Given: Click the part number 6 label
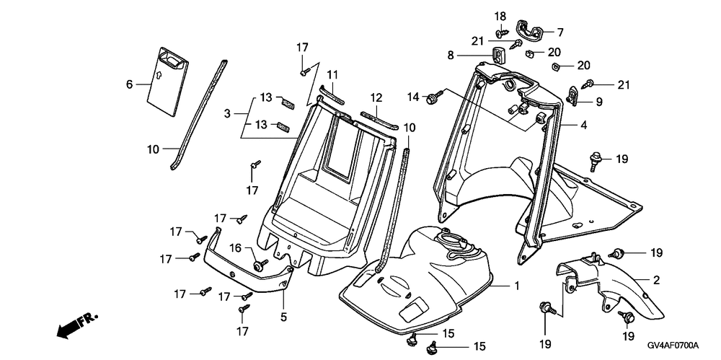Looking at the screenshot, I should tap(130, 84).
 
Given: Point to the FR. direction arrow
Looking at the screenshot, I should tap(75, 325).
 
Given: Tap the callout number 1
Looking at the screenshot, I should tap(516, 286).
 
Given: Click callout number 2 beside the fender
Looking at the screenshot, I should tap(656, 279).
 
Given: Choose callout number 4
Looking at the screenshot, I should tap(583, 126).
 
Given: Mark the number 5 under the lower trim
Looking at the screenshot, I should tap(283, 316).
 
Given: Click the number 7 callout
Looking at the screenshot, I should tap(559, 32).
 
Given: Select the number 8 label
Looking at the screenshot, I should tap(469, 55).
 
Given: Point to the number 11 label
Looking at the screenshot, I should tap(332, 75).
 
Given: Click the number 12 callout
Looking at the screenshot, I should tap(376, 97).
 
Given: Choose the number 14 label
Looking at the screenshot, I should tap(413, 97).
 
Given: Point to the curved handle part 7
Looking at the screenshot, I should tap(532, 30).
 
